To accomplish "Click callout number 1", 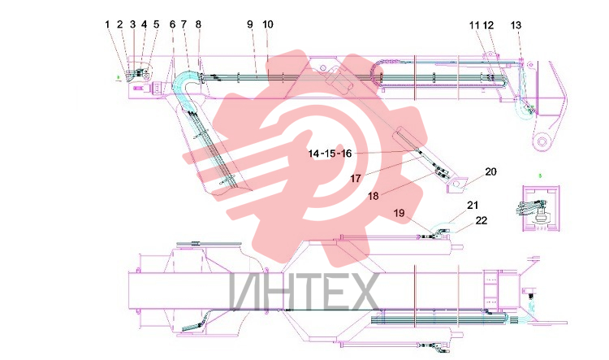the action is pos(107,24).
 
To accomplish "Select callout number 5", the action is pos(156,24).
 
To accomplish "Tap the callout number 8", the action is pos(198,24).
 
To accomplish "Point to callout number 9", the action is pos(250,24).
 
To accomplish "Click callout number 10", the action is pos(268,24).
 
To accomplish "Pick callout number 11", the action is pos(474,26).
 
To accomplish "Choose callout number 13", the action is pos(516,26).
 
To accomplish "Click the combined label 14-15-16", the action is pos(330,154).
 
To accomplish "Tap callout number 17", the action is pos(356,179).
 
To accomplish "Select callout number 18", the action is pos(374,197).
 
